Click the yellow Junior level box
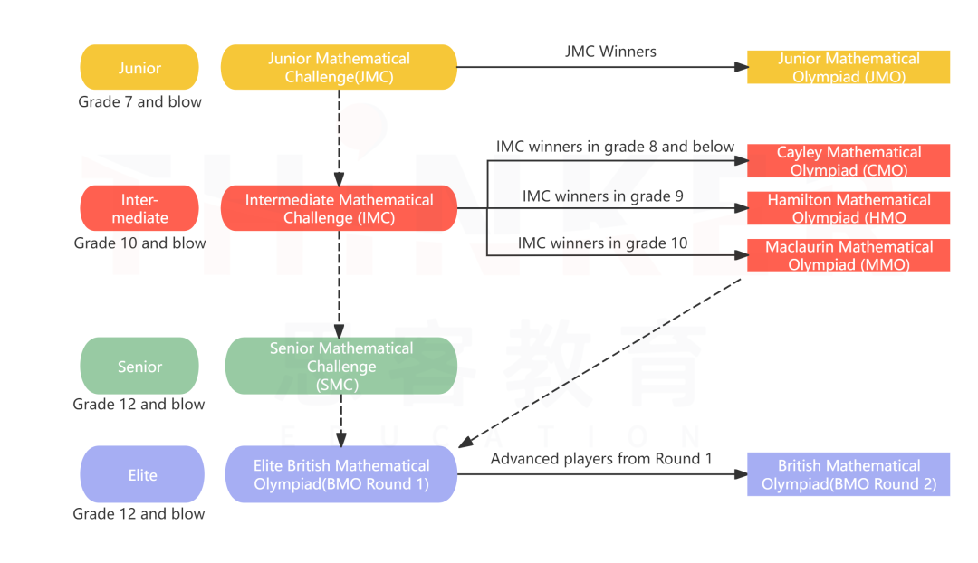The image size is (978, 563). click(139, 68)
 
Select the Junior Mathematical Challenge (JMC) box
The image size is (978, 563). click(339, 68)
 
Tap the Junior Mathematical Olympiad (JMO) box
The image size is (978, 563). click(849, 68)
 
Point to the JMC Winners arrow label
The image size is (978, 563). click(610, 52)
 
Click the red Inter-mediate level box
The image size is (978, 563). click(139, 208)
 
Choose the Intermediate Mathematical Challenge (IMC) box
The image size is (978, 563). click(339, 208)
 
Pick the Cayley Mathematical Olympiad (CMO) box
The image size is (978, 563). click(849, 161)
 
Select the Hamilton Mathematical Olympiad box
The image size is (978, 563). click(849, 208)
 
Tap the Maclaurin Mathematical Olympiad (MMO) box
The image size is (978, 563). click(849, 255)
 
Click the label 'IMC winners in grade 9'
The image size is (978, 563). click(603, 196)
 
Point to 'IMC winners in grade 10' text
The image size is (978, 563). click(602, 243)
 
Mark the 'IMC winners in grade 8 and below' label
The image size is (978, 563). click(615, 147)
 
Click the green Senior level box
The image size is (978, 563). click(139, 367)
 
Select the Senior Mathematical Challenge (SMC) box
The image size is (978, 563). click(340, 366)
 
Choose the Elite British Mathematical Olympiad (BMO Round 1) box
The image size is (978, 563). click(340, 474)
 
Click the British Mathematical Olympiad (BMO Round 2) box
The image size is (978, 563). click(849, 474)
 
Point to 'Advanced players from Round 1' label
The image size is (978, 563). click(601, 459)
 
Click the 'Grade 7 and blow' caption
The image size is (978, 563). click(139, 102)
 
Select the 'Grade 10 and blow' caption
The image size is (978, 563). click(139, 243)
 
